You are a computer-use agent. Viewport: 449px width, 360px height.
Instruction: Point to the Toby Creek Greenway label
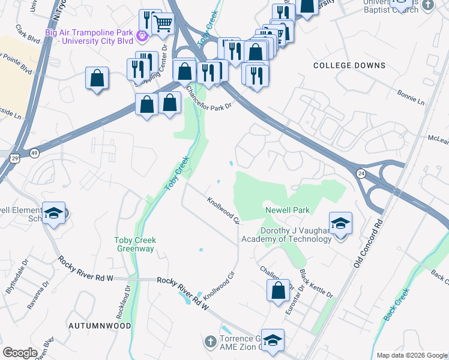135,245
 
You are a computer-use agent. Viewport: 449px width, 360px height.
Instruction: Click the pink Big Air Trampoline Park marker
142,37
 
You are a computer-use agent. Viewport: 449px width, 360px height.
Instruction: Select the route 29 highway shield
14,157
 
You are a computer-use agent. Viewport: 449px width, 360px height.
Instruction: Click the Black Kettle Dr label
316,284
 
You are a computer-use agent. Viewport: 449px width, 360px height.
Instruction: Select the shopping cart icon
163,24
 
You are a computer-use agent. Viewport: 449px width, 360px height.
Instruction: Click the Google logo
20,353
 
